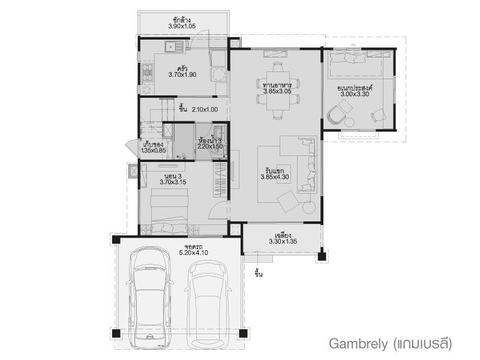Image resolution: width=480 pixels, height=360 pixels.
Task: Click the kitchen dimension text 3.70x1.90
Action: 182,74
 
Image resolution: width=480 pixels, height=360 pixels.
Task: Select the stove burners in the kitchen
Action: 147,73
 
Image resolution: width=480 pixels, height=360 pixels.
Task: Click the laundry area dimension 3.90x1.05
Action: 182,26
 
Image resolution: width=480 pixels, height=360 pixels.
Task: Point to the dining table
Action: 278,91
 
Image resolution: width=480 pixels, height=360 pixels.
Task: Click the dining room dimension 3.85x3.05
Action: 277,91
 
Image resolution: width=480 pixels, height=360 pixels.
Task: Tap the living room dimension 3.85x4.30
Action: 275,177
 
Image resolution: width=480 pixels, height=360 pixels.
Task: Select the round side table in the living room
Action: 309,207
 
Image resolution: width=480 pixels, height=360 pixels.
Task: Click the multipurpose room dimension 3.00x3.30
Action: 355,94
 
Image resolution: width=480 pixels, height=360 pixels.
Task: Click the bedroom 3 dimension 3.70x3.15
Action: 173,182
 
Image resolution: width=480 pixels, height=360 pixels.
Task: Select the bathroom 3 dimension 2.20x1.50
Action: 209,146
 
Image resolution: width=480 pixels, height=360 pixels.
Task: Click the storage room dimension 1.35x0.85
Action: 154,151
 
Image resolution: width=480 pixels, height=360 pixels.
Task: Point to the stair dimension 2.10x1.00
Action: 205,110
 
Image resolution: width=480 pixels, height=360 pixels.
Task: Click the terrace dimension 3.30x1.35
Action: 283,242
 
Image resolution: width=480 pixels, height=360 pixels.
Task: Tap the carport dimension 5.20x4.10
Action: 193,253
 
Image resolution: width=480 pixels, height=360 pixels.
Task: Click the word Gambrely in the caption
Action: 358,344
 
